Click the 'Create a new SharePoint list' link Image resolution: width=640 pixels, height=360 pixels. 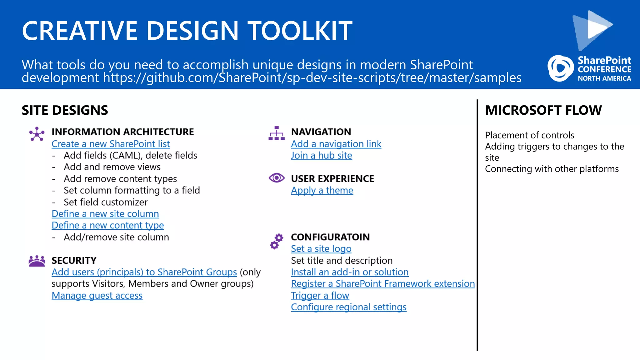(x=111, y=144)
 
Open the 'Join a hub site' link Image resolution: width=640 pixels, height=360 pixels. (x=321, y=155)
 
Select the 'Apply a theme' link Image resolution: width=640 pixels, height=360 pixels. (x=322, y=190)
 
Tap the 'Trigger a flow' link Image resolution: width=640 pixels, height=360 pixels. (x=320, y=295)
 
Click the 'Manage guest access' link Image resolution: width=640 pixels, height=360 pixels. (x=97, y=295)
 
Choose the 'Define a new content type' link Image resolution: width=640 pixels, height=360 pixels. (x=107, y=225)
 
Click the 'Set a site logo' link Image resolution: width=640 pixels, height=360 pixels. (x=321, y=249)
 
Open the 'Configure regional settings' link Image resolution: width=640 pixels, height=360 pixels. (x=348, y=307)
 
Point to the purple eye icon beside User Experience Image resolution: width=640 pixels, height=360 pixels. (x=277, y=178)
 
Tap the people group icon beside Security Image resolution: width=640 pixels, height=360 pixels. (x=37, y=261)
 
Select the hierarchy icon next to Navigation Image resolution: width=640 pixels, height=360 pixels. (x=277, y=133)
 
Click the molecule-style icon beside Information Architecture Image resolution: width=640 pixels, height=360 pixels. (x=37, y=134)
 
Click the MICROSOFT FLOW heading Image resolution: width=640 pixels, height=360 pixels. (x=543, y=110)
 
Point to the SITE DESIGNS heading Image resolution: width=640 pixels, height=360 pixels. (x=65, y=110)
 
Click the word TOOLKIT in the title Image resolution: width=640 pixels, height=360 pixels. (x=300, y=31)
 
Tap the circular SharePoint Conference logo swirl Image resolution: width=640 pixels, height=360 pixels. (x=560, y=68)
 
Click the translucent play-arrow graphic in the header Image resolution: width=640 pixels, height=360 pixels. (x=592, y=30)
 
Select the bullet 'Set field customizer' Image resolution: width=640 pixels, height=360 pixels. (x=105, y=202)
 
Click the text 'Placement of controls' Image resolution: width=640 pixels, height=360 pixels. (x=529, y=135)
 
